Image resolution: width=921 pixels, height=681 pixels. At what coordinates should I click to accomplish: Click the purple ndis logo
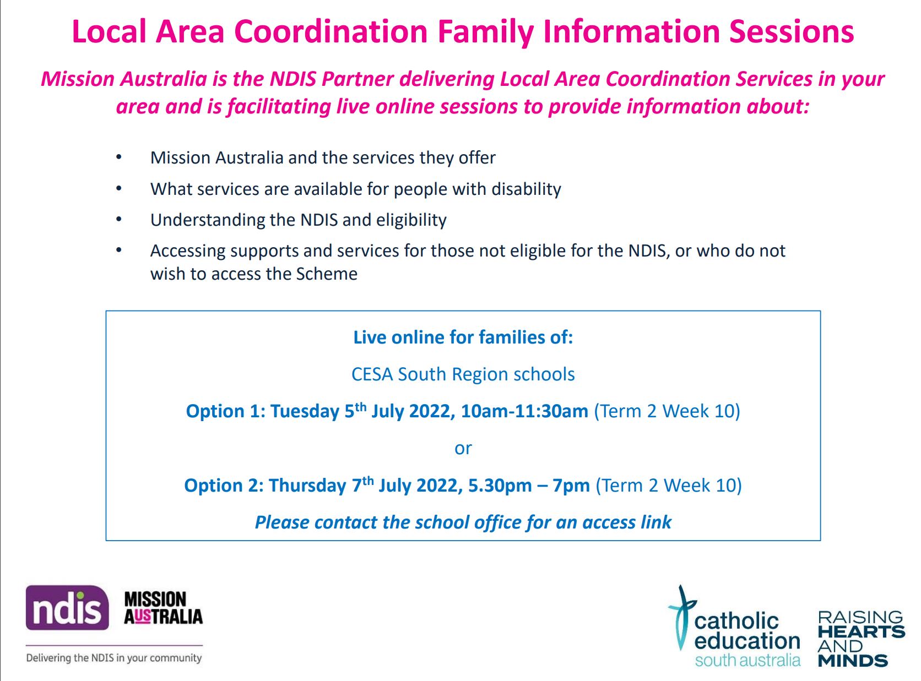coord(67,608)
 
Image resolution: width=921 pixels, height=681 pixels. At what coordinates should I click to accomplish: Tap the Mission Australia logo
coord(163,608)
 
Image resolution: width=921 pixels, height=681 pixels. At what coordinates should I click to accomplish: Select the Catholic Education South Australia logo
coord(734,626)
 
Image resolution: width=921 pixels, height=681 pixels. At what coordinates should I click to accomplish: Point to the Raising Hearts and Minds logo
coord(861,638)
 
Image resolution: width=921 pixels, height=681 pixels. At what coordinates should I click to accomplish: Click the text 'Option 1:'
coord(225,412)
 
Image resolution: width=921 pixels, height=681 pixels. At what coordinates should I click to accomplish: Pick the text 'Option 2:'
coord(224,486)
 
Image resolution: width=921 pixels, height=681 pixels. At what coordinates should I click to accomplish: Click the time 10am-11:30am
coord(524,411)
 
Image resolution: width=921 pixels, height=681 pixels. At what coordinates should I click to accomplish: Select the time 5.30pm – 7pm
coord(529,486)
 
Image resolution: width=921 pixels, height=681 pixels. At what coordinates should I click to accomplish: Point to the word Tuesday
coord(305,412)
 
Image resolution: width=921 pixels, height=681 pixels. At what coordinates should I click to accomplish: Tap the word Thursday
coord(308,486)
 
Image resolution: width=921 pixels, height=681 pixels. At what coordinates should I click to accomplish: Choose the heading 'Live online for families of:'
coord(463,337)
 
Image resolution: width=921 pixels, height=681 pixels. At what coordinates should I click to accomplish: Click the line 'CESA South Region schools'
coord(463,374)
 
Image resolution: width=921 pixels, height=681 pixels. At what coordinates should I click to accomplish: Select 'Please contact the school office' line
coord(463,522)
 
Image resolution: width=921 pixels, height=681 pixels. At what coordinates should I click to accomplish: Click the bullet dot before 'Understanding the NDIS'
coord(119,219)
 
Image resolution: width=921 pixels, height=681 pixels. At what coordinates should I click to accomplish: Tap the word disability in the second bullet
coord(526,189)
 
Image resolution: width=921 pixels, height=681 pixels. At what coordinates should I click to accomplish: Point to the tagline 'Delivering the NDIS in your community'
coord(114,658)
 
